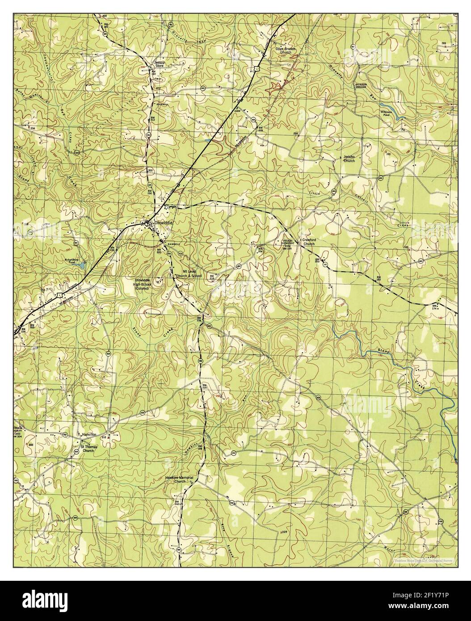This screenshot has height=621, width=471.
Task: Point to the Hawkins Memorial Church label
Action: (179, 479)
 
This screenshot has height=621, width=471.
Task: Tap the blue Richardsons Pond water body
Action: (81, 265)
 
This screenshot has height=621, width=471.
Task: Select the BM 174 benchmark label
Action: (433, 306)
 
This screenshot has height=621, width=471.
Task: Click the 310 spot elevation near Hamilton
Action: (104, 436)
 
